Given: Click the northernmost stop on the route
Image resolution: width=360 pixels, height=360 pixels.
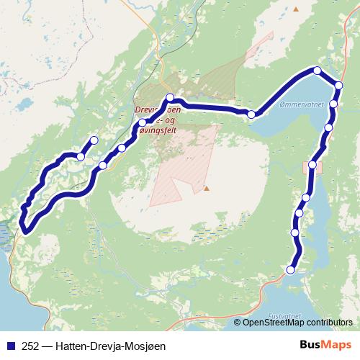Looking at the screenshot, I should [x=317, y=70].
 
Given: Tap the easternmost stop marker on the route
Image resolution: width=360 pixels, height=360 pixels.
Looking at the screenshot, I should [x=339, y=85].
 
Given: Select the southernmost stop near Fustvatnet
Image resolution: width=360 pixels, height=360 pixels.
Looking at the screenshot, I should [x=291, y=270].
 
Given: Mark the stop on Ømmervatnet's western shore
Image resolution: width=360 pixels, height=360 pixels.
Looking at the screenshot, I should [x=251, y=114].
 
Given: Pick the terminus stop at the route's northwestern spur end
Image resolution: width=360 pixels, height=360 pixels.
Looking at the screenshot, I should [x=94, y=140].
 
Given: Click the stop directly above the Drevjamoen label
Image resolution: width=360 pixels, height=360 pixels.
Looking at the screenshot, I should [x=170, y=98].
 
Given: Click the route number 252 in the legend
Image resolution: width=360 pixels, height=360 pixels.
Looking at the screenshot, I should [x=30, y=345].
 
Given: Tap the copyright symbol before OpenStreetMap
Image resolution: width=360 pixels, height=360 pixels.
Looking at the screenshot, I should [x=238, y=322].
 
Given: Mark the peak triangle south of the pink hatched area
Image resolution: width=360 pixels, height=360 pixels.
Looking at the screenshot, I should [x=207, y=189].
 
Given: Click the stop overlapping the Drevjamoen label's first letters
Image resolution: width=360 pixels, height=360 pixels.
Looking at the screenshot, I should [x=143, y=122].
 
